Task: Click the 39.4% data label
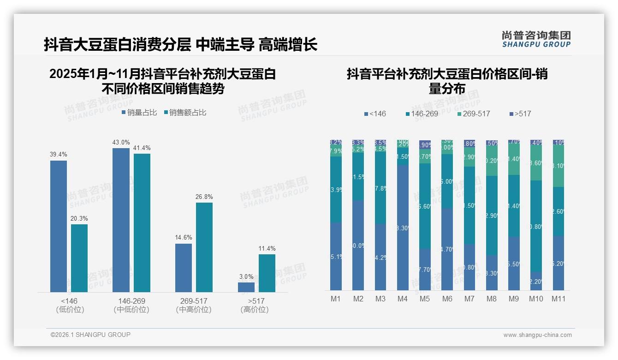coord(58,155)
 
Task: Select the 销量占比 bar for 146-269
coord(121,220)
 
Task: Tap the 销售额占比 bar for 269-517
coord(204,247)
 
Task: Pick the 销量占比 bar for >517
coord(246,287)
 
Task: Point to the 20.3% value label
coord(79,218)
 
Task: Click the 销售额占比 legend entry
coord(185,113)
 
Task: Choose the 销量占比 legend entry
coord(139,113)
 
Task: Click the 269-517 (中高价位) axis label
coord(194,305)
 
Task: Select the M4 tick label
coord(402,299)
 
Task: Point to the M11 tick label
coord(559,299)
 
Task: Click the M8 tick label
coord(492,299)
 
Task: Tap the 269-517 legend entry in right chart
coord(474,114)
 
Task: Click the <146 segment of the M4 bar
coord(402,228)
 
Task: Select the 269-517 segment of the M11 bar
coord(559,166)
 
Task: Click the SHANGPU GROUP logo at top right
coord(536,39)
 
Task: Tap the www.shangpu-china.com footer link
coord(537,335)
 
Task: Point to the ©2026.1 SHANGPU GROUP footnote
coord(90,335)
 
